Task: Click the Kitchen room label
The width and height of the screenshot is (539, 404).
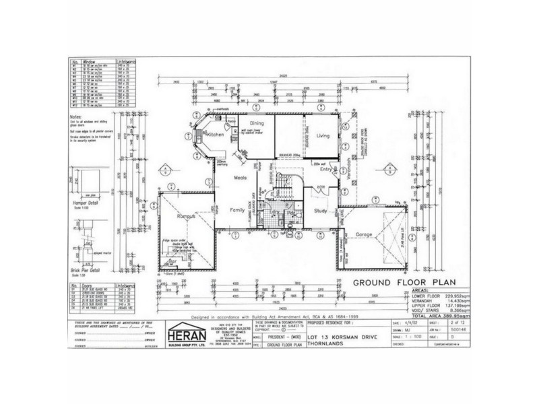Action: coord(215,135)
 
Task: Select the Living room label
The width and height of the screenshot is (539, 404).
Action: coord(323,136)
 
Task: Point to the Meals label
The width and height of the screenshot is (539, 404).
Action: coord(241,178)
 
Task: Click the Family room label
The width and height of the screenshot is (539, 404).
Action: coord(237,210)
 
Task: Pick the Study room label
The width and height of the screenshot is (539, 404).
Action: coord(320,211)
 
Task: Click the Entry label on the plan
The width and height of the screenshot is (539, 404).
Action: coord(325,170)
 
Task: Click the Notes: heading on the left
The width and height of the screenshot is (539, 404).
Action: coord(77,116)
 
